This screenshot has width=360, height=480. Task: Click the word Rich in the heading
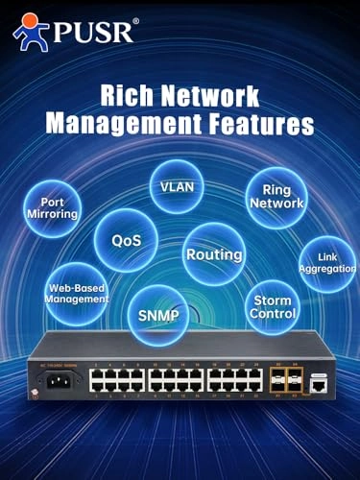click(119, 96)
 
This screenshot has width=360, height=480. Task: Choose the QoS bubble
click(126, 240)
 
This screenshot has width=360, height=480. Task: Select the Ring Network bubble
click(276, 196)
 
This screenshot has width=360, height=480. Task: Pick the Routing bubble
click(213, 255)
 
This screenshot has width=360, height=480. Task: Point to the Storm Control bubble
click(272, 307)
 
